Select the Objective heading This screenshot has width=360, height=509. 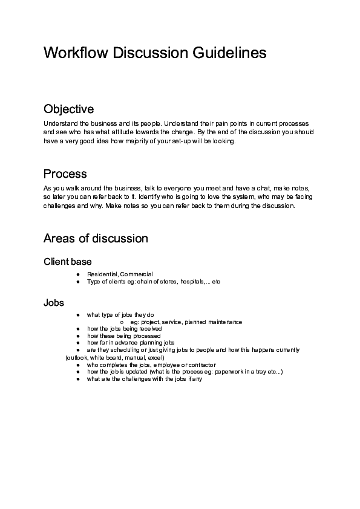(68, 109)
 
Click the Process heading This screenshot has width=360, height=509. (65, 174)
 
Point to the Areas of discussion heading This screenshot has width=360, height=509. (96, 238)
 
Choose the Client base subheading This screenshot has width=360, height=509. (68, 262)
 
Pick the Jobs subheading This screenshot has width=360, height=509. (54, 302)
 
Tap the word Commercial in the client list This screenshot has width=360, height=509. (137, 274)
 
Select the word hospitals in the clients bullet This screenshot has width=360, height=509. (192, 282)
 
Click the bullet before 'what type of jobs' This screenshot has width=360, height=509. (79, 315)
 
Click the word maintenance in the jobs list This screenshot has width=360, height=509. (223, 322)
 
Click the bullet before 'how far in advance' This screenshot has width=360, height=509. (79, 343)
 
